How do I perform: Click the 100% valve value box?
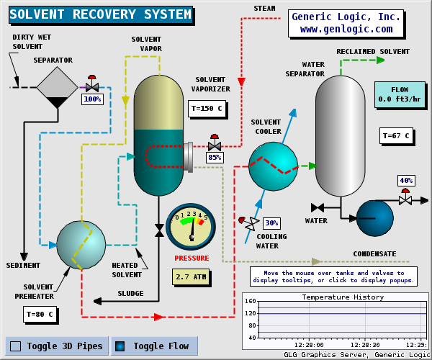(x=92, y=99)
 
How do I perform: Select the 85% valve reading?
(x=215, y=157)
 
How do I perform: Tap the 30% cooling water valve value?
(x=271, y=222)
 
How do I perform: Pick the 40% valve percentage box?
(x=406, y=180)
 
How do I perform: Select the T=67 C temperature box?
(x=396, y=135)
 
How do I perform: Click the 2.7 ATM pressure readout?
(x=192, y=276)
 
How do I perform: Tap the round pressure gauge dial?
(x=191, y=226)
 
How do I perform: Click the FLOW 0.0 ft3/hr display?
(x=399, y=94)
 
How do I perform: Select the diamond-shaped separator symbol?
(x=57, y=87)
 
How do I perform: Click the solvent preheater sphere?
(x=81, y=245)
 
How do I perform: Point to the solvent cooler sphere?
(x=273, y=166)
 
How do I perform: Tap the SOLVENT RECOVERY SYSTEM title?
(x=101, y=14)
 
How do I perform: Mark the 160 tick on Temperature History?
(x=251, y=301)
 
